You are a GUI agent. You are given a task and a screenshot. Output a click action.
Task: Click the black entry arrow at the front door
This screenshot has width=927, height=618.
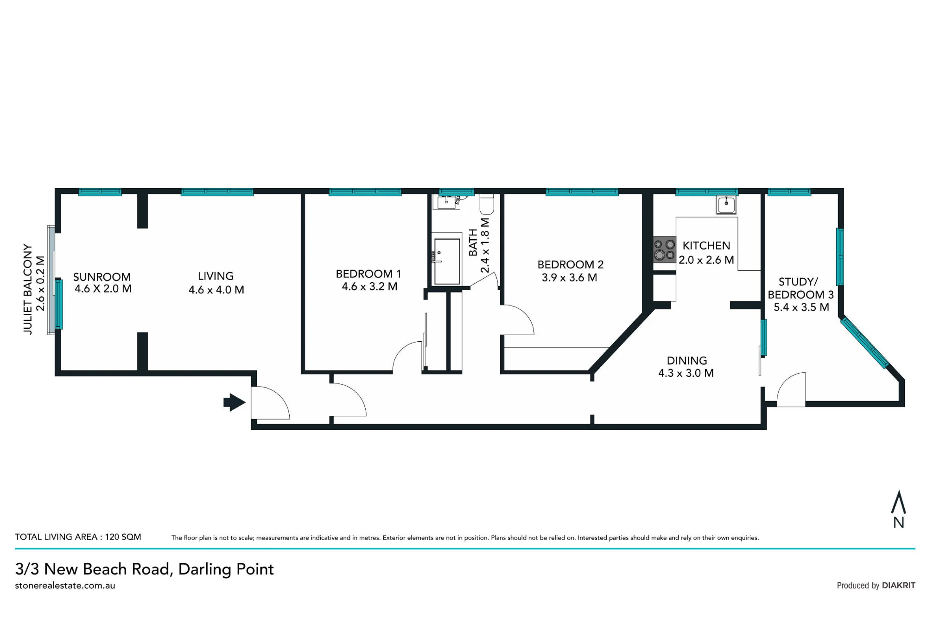pyautogui.click(x=235, y=402)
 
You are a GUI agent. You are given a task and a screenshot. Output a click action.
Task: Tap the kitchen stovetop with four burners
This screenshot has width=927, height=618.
pyautogui.click(x=665, y=249)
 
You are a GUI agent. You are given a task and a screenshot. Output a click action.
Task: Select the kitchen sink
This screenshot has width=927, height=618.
pyautogui.click(x=726, y=204)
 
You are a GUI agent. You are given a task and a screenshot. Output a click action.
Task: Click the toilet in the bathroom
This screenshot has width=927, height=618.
pyautogui.click(x=487, y=204)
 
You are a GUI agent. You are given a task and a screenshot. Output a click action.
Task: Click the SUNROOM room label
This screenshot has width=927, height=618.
pyautogui.click(x=102, y=277)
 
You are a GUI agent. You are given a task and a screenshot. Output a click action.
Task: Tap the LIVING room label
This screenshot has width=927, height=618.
pyautogui.click(x=216, y=276)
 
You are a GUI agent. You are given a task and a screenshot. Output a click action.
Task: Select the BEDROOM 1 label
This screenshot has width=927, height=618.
pyautogui.click(x=368, y=274)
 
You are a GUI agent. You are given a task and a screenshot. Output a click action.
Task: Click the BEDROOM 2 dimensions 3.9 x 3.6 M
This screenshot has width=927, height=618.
pyautogui.click(x=569, y=278)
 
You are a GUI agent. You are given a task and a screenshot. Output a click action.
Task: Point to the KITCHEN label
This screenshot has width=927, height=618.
pyautogui.click(x=706, y=246)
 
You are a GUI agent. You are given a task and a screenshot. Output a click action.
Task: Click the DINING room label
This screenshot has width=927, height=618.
pyautogui.click(x=687, y=361)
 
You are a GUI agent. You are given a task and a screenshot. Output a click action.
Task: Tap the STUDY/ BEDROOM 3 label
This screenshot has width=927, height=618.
pyautogui.click(x=800, y=288)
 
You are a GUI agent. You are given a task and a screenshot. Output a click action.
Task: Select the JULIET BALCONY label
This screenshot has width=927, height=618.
pyautogui.click(x=28, y=289)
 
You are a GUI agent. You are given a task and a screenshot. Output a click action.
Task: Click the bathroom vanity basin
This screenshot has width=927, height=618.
pyautogui.click(x=446, y=202)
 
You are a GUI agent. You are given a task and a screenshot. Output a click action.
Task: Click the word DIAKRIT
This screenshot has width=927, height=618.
pyautogui.click(x=899, y=586)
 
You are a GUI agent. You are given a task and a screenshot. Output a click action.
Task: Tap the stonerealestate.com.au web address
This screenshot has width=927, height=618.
pyautogui.click(x=65, y=586)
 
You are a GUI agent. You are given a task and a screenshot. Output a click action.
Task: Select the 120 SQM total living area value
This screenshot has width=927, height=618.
pyautogui.click(x=123, y=537)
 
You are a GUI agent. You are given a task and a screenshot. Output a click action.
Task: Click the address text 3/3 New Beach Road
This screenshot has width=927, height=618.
pyautogui.click(x=94, y=569)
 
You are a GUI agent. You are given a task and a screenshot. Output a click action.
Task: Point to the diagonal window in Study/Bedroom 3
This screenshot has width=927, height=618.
pyautogui.click(x=864, y=342)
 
